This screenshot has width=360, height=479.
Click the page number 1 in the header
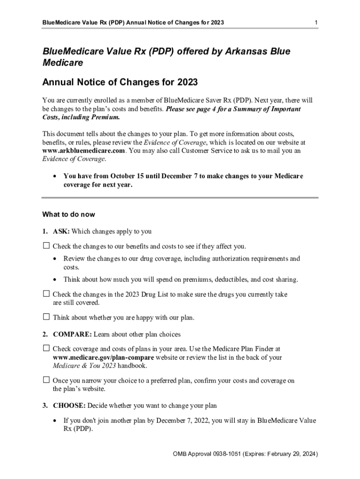tap(317, 23)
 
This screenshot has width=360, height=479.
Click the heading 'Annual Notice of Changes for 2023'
tap(120, 82)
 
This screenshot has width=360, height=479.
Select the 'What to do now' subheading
tap(68, 215)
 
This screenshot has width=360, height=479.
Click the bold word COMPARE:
tap(72, 334)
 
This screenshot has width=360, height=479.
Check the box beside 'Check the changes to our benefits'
tap(46, 246)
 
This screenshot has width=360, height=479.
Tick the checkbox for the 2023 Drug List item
tap(46, 294)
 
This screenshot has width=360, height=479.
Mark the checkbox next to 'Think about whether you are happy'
tap(46, 317)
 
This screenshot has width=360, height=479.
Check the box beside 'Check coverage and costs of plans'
tap(46, 348)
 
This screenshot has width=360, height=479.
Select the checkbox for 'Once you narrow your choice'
tap(46, 380)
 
